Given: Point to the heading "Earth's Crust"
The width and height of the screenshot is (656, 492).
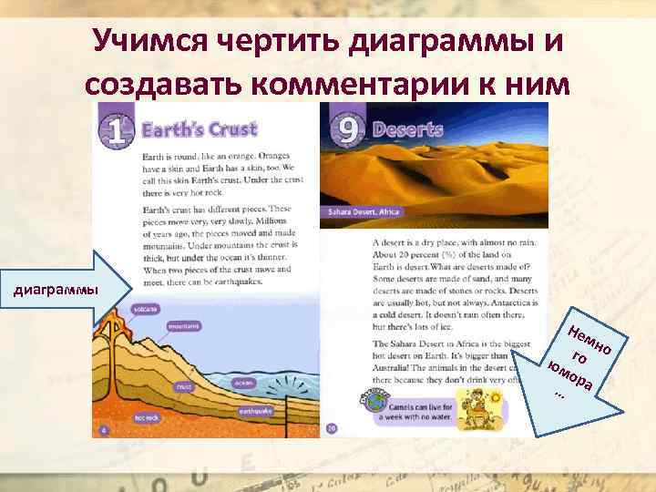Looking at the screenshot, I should pos(200,129).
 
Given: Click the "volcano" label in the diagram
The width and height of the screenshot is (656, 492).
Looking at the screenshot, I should pos(145,309).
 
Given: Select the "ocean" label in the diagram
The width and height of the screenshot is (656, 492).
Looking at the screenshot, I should pos(243,383).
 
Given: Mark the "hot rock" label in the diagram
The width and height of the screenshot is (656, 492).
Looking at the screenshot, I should pos(147,418).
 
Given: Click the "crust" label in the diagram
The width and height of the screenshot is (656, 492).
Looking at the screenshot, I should pos(184,386).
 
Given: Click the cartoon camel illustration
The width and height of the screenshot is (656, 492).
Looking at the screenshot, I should pos(475,408).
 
